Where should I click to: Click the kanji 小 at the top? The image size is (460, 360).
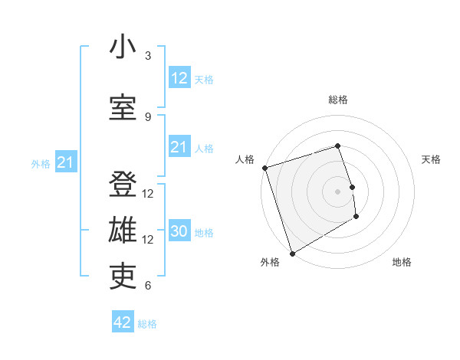pyautogui.click(x=123, y=47)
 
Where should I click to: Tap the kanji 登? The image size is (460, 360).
pyautogui.click(x=123, y=185)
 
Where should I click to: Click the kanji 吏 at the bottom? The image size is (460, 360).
pyautogui.click(x=123, y=277)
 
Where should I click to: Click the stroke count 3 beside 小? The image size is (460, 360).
pyautogui.click(x=148, y=56)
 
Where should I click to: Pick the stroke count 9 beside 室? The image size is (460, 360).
pyautogui.click(x=148, y=116)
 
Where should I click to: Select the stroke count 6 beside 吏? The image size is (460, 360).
pyautogui.click(x=148, y=286)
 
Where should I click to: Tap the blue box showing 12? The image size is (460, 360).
pyautogui.click(x=179, y=78)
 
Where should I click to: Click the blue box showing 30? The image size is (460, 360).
pyautogui.click(x=179, y=232)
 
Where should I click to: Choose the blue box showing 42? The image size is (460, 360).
pyautogui.click(x=123, y=322)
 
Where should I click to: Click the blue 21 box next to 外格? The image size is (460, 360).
pyautogui.click(x=65, y=162)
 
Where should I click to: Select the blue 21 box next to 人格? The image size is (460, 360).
pyautogui.click(x=179, y=147)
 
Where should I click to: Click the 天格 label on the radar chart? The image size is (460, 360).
pyautogui.click(x=432, y=159)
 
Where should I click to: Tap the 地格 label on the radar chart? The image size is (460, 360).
pyautogui.click(x=402, y=262)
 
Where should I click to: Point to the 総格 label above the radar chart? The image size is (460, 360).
pyautogui.click(x=338, y=100)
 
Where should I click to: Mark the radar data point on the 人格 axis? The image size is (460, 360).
pyautogui.click(x=264, y=168)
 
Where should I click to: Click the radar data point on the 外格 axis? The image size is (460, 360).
pyautogui.click(x=291, y=253)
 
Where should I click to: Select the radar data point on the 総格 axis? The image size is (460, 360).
pyautogui.click(x=338, y=146)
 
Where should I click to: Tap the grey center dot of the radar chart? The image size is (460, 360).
pyautogui.click(x=338, y=191)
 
